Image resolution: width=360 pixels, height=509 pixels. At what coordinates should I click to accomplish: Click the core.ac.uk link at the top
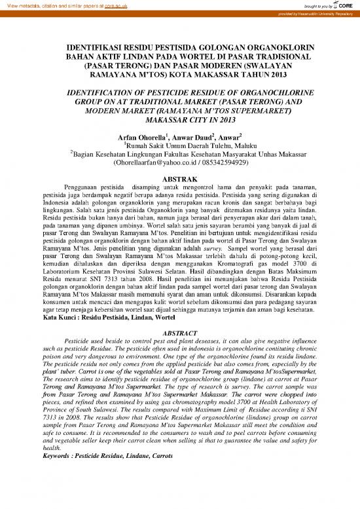click(x=119, y=4)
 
